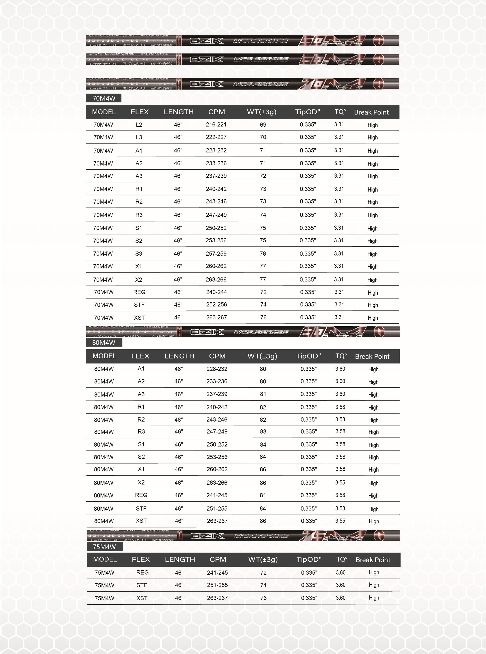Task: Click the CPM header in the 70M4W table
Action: pyautogui.click(x=216, y=112)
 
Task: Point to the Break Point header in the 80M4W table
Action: pyautogui.click(x=372, y=356)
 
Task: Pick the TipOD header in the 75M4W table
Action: pyautogui.click(x=309, y=559)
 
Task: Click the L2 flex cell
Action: pyautogui.click(x=139, y=125)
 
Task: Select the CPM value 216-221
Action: pyautogui.click(x=216, y=125)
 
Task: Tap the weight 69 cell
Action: pyautogui.click(x=263, y=125)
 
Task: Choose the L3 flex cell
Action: pyautogui.click(x=139, y=137)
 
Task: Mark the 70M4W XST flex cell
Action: pyautogui.click(x=139, y=318)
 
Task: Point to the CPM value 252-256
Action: pyautogui.click(x=216, y=305)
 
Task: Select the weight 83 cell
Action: pyautogui.click(x=263, y=432)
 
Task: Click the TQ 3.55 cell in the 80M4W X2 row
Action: pyautogui.click(x=340, y=483)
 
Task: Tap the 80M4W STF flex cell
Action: pyautogui.click(x=141, y=508)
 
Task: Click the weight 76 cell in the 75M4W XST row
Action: pyautogui.click(x=263, y=598)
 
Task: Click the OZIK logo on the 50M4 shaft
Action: pyautogui.click(x=207, y=41)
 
